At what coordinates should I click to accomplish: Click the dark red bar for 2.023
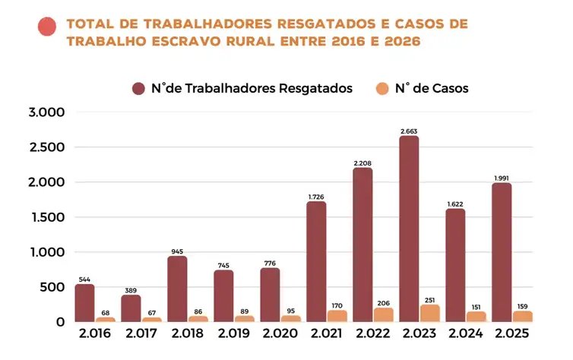(x=409, y=229)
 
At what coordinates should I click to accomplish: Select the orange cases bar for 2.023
(x=429, y=313)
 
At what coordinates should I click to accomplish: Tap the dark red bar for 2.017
(x=131, y=308)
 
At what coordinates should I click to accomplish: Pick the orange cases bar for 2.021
(x=337, y=316)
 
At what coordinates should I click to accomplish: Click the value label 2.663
(x=409, y=131)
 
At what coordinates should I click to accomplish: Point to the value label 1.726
(x=316, y=197)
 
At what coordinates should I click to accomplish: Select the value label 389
(x=131, y=290)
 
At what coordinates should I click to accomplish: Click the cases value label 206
(x=383, y=302)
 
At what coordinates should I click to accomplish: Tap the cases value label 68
(x=105, y=312)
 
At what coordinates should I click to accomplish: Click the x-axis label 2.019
(x=233, y=333)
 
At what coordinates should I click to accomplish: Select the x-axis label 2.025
(x=511, y=333)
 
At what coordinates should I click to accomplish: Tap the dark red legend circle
(x=139, y=88)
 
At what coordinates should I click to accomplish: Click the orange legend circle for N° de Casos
(x=382, y=88)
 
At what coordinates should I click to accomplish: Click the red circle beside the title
(x=47, y=27)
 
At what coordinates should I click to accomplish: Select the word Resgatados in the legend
(x=312, y=88)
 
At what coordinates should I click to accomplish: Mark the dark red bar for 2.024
(x=455, y=265)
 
